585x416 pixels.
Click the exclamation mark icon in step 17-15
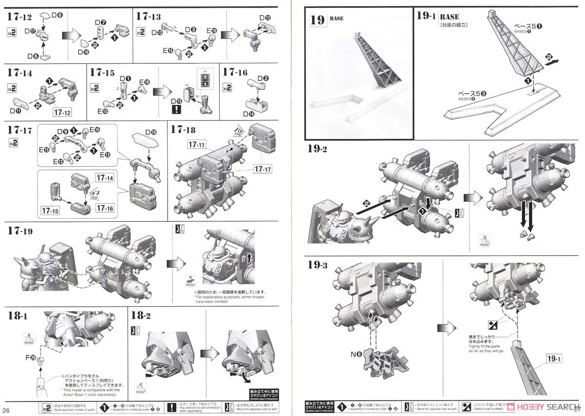coord(176,110)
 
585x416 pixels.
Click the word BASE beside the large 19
coord(336,19)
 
